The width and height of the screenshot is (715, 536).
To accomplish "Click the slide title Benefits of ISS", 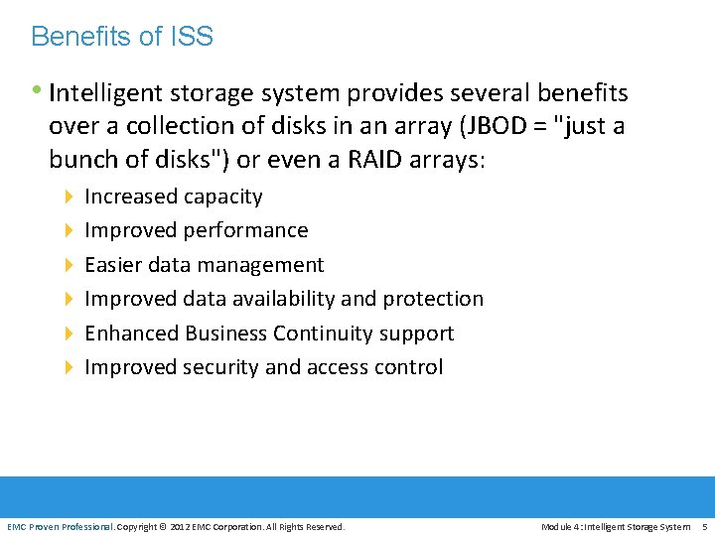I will [122, 38].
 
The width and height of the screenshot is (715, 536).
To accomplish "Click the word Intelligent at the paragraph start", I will [106, 94].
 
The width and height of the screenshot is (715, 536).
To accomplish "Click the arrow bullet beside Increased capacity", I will [69, 197].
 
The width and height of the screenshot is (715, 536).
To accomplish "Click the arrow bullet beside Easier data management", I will [69, 265].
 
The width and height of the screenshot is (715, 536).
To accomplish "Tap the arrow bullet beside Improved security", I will [69, 367].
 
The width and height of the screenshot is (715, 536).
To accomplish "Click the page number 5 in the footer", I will [704, 527].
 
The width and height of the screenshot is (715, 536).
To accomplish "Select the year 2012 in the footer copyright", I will [181, 527].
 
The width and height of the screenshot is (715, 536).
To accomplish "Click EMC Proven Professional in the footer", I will [61, 527].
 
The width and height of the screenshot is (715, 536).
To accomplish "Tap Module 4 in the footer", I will [565, 527].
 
